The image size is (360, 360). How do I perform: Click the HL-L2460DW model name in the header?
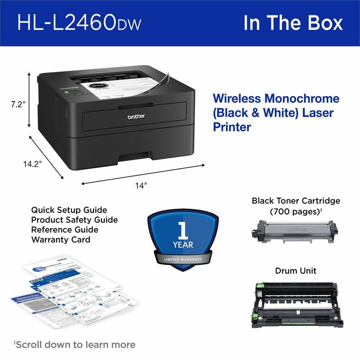(x=79, y=23)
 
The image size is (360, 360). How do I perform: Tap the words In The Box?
(x=293, y=23)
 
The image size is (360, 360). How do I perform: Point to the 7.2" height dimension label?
(x=17, y=104)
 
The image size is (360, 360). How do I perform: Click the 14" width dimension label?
(x=141, y=185)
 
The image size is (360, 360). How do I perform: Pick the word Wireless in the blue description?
(x=236, y=98)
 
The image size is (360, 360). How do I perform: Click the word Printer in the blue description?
(x=232, y=127)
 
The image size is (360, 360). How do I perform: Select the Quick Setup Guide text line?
(x=69, y=210)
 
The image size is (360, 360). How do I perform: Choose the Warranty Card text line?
(x=60, y=239)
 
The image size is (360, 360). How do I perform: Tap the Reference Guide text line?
(x=64, y=230)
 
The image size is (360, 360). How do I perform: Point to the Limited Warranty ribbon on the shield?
(x=183, y=259)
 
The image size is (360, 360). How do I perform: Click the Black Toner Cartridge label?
(x=296, y=201)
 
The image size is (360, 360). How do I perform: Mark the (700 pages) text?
(x=295, y=211)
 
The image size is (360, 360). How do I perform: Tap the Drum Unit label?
(x=295, y=271)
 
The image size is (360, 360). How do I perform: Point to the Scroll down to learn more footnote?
(x=74, y=344)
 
